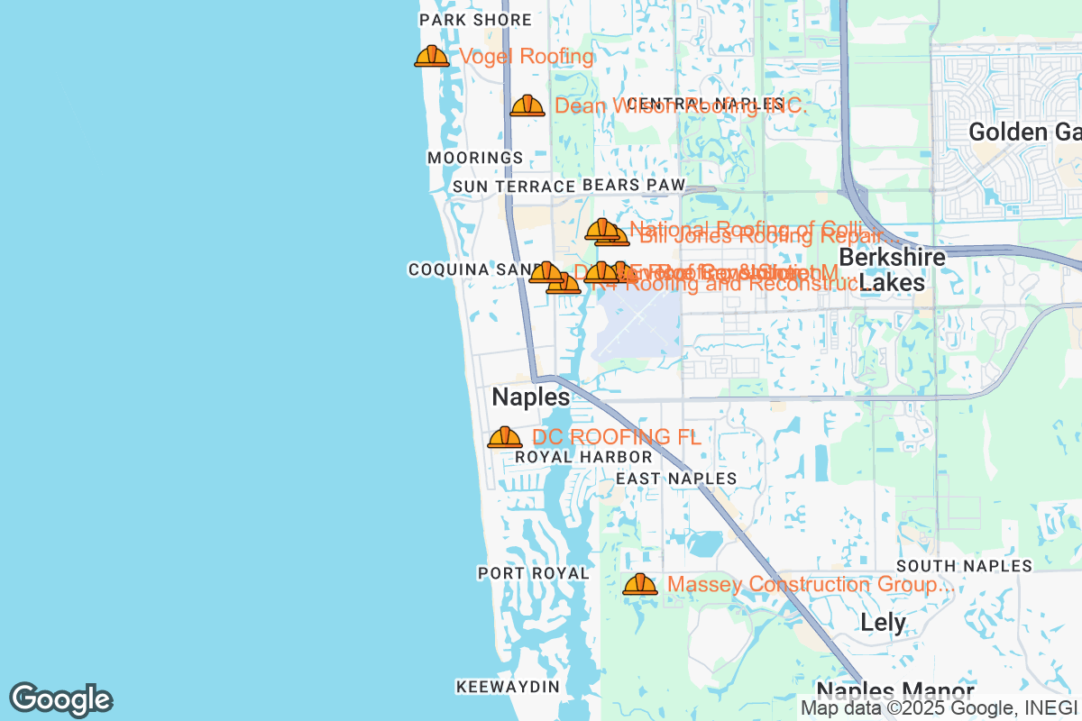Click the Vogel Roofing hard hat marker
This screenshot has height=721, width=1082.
tap(432, 57)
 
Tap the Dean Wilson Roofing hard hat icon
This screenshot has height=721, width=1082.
tap(527, 106)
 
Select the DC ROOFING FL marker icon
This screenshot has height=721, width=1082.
tap(505, 438)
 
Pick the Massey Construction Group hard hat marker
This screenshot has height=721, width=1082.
tap(640, 585)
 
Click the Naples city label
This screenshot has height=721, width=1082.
tap(531, 397)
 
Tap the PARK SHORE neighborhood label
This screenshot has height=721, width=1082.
tap(476, 20)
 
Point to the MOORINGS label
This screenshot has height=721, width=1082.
tap(475, 158)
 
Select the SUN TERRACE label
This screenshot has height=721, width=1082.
tap(514, 187)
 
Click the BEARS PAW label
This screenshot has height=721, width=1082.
tap(634, 185)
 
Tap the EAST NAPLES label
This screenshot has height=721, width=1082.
tap(676, 479)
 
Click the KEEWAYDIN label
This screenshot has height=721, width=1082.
tap(508, 687)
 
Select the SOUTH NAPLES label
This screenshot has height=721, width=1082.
tap(964, 566)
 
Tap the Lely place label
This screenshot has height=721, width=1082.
tap(883, 622)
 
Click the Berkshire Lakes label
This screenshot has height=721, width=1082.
tap(892, 269)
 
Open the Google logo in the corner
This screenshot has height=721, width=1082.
tap(61, 699)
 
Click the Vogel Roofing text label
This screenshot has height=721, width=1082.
tap(527, 57)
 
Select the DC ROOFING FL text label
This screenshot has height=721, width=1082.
tap(617, 437)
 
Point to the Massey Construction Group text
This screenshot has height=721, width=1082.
tap(810, 585)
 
